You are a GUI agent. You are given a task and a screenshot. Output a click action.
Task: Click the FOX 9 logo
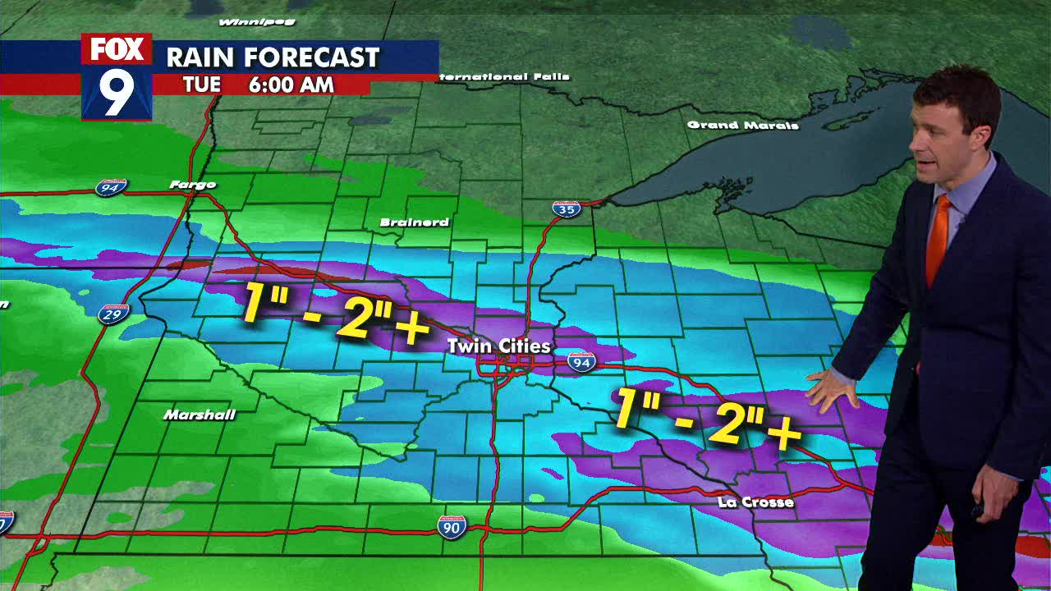(117, 76)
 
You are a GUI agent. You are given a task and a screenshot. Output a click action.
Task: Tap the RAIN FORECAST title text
(273, 57)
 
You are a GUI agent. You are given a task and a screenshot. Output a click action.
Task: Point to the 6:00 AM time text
(291, 85)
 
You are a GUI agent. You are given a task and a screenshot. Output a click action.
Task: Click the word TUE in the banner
(202, 85)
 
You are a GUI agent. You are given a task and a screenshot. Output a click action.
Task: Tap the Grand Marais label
(742, 125)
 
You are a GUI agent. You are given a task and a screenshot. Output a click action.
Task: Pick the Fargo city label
(193, 185)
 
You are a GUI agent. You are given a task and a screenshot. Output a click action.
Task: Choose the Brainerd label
(415, 222)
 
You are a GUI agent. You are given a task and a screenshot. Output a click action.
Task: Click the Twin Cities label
(498, 346)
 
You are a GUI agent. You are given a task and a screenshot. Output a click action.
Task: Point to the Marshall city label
(200, 415)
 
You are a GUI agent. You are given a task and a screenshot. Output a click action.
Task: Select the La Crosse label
(755, 502)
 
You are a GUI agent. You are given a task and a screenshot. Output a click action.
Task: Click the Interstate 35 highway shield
(566, 208)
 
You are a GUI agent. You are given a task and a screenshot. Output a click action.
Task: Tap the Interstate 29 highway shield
(113, 314)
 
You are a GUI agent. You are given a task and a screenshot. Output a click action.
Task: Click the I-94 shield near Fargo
(110, 188)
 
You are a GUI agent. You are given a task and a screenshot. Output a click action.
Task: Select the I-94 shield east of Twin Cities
(581, 361)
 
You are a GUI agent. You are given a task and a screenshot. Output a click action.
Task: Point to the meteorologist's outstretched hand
(831, 390)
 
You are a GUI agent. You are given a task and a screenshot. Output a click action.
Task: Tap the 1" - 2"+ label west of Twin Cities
(335, 313)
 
